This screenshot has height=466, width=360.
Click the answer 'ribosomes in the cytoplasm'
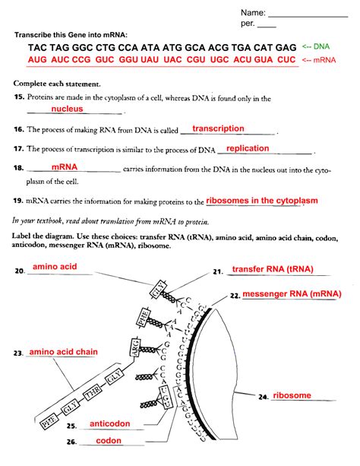(261, 201)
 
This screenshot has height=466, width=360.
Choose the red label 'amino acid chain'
(63, 353)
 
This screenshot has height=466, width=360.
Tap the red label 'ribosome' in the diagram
(292, 395)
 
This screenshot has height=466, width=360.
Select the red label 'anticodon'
(110, 423)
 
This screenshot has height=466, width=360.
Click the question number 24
(263, 397)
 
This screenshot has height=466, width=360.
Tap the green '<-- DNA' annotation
(316, 46)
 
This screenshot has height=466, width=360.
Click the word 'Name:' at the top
(254, 13)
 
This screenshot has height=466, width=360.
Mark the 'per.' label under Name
(250, 25)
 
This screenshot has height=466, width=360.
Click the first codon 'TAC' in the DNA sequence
(39, 47)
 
